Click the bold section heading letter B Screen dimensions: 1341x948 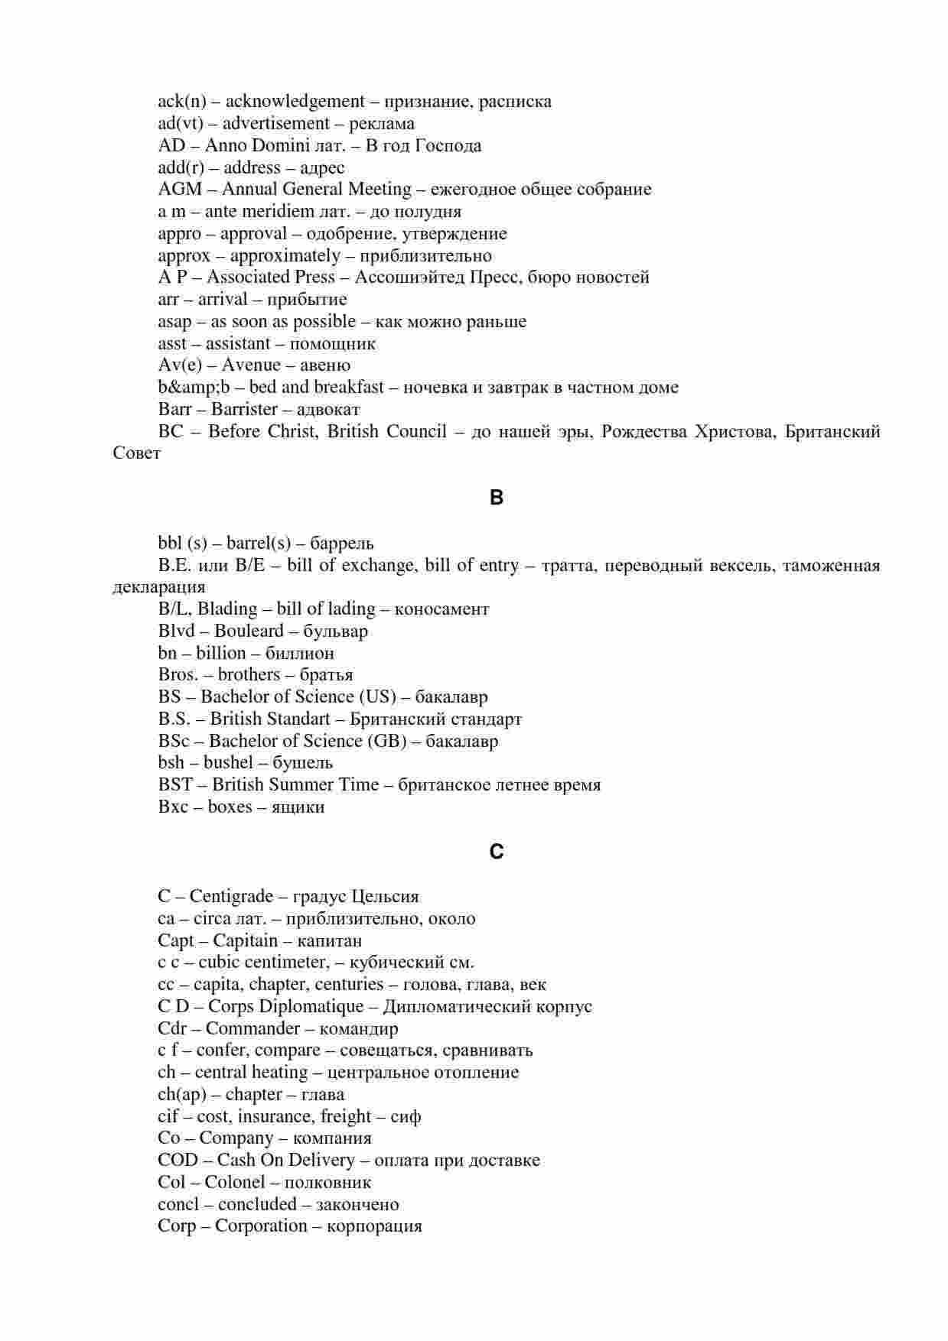(497, 498)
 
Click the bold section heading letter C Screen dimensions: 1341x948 (497, 852)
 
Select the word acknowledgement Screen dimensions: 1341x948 (295, 102)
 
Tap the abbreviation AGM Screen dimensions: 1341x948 (180, 190)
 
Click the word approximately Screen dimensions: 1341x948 (285, 256)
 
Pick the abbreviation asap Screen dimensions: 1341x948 (174, 322)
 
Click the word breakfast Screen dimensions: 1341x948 (349, 388)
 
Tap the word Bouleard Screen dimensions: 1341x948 (249, 632)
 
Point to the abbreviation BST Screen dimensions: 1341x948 (175, 785)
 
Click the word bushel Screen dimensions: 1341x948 (228, 763)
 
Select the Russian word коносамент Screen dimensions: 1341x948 (441, 609)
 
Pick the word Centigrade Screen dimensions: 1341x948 (231, 897)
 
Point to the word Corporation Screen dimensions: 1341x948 (261, 1226)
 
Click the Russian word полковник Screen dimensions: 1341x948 (327, 1183)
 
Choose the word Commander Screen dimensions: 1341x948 (252, 1029)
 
